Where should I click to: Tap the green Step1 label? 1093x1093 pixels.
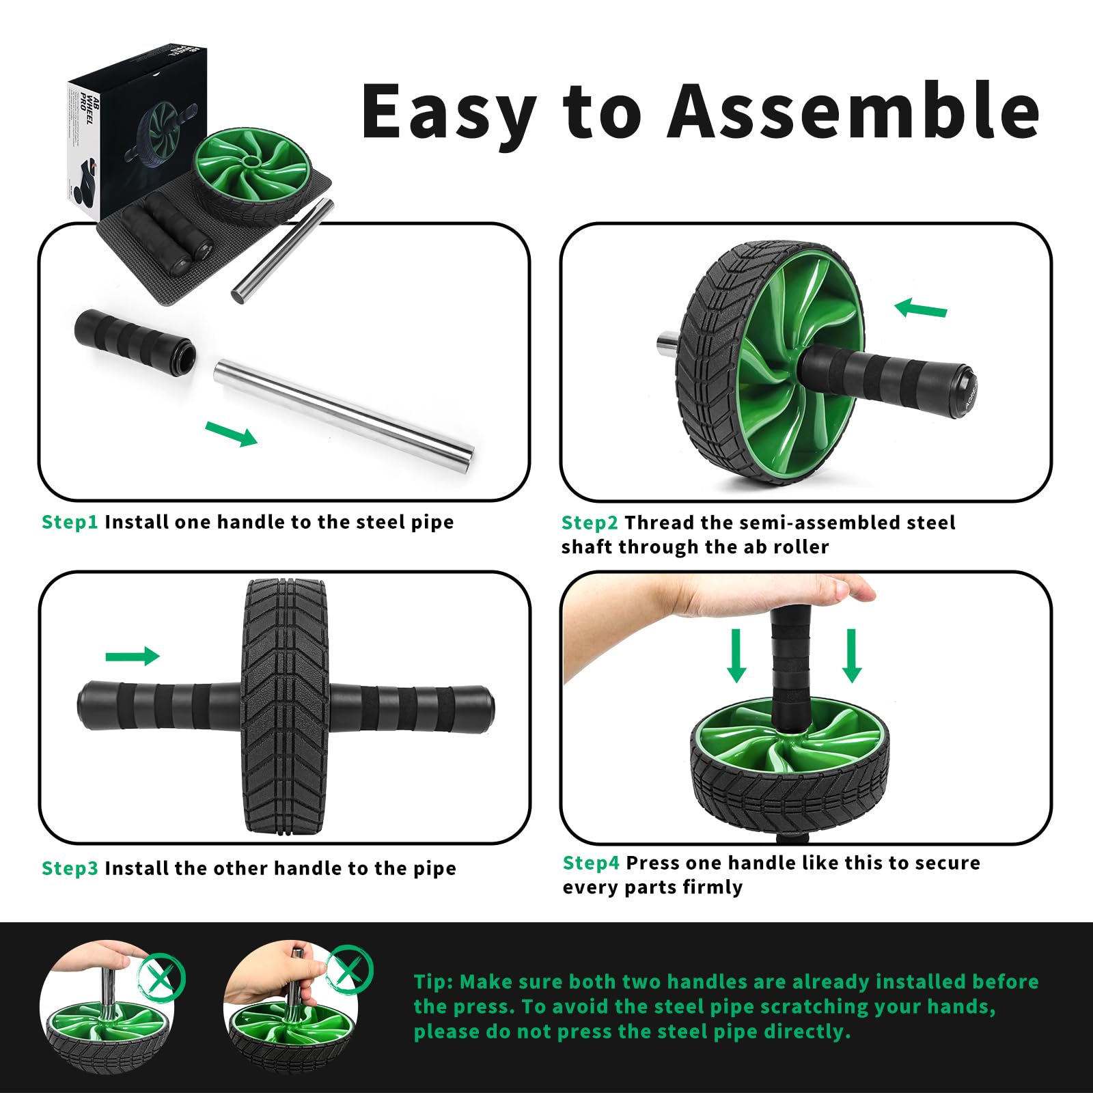coord(70,522)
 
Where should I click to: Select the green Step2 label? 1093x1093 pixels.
coord(590,523)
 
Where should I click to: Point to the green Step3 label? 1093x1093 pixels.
coord(70,868)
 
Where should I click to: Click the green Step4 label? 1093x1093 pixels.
coord(591,863)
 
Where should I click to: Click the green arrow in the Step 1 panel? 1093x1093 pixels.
coord(232,433)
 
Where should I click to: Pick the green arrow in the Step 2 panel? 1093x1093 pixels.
coord(920,307)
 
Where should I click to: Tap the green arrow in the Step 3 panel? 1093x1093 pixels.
coord(133,656)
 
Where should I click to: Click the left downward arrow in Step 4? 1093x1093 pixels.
coord(736,656)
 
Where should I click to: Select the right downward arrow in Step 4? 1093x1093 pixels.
coord(851,656)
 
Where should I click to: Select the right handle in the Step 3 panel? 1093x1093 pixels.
coord(410,708)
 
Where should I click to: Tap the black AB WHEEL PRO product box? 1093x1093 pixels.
coord(137,130)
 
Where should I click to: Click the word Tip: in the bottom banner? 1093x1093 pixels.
coord(434,982)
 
